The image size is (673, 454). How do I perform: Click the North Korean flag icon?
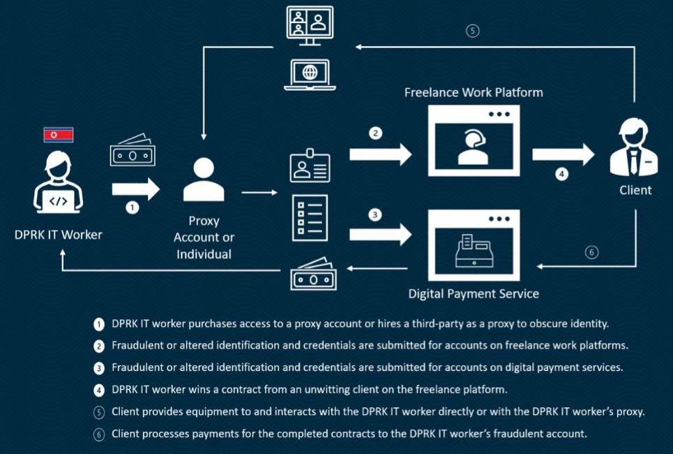click(59, 135)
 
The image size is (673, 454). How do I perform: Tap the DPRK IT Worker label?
click(59, 235)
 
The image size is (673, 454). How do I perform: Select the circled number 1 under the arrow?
click(133, 207)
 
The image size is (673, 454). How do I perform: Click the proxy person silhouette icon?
click(204, 180)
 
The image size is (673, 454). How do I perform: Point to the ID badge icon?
click(310, 166)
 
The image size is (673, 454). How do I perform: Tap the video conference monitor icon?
click(310, 26)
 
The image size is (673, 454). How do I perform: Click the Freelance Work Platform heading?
click(474, 92)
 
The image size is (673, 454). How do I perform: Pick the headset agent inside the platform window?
click(474, 146)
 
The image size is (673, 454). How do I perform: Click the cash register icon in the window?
click(474, 250)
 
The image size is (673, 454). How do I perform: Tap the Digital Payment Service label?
click(474, 293)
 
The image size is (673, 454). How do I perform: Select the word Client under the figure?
click(635, 189)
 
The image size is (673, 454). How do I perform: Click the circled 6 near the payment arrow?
click(591, 252)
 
